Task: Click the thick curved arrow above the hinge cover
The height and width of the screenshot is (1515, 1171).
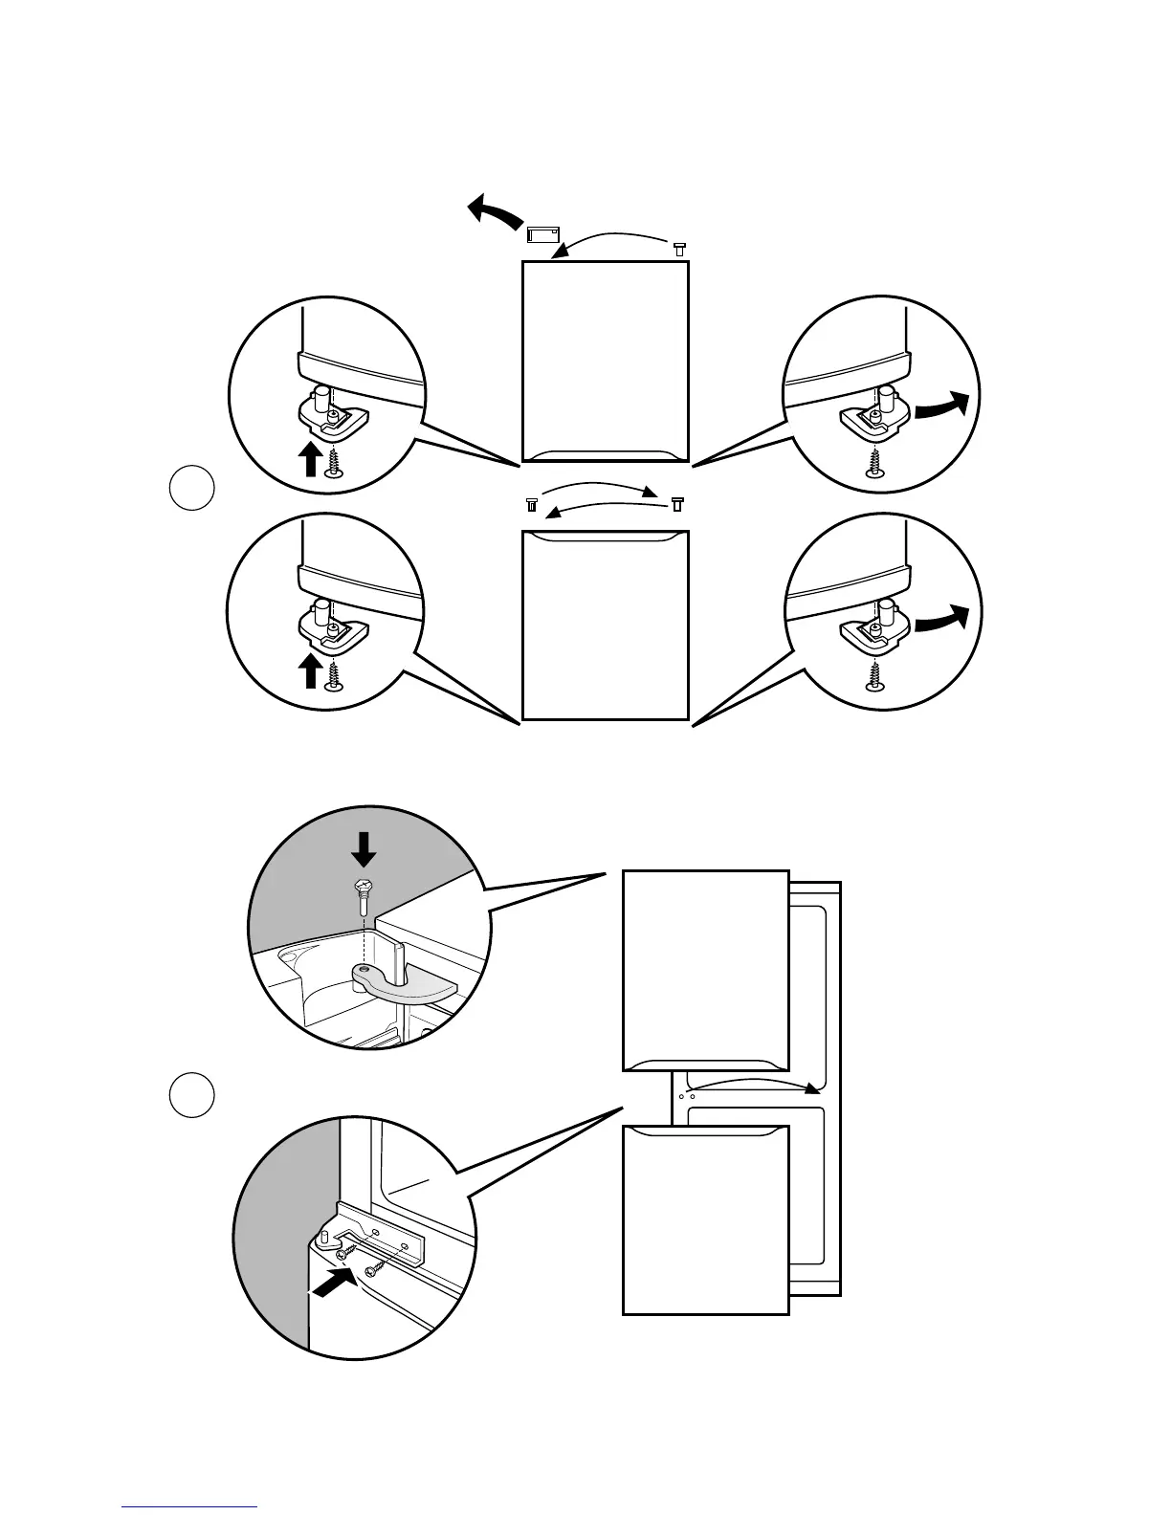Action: point(494,209)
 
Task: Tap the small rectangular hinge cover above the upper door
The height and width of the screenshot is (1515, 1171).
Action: point(542,231)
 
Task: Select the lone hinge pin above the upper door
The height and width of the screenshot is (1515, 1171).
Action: point(678,249)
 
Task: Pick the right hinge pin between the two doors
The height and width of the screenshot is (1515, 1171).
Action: point(677,502)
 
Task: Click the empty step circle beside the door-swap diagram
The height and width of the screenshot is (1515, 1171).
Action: point(191,488)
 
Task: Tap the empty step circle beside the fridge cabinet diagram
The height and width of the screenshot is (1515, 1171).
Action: point(191,1095)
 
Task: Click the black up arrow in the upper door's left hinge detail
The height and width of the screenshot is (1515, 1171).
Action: point(309,458)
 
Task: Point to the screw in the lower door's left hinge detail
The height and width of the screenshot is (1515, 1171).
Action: point(334,675)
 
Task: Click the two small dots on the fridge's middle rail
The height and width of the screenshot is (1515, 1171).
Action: point(685,1096)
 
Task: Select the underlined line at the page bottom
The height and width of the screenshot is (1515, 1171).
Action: point(190,1505)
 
